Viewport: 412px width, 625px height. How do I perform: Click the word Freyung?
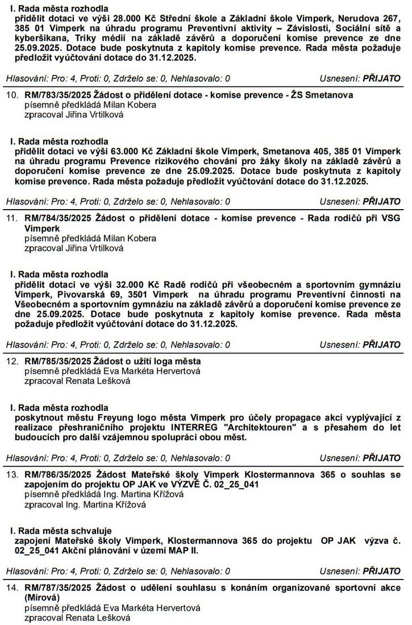116,418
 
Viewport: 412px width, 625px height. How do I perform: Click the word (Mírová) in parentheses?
42,598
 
